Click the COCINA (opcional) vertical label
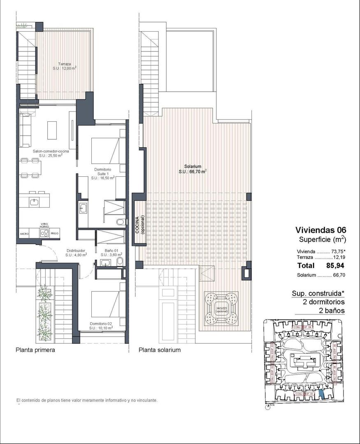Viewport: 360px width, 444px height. [140, 224]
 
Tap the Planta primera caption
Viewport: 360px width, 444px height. [35, 350]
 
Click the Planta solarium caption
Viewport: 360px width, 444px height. [160, 350]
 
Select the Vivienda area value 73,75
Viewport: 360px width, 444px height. [335, 251]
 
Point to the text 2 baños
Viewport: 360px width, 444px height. [332, 311]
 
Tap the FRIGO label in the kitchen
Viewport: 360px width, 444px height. [54, 233]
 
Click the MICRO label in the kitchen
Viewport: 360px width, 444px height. [25, 233]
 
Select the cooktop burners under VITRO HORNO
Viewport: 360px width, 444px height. [44, 233]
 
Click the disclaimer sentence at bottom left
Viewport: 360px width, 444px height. [86, 400]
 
